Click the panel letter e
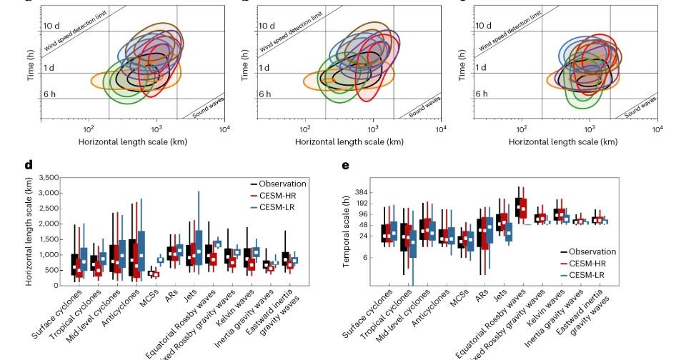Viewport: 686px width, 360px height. point(346,166)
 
